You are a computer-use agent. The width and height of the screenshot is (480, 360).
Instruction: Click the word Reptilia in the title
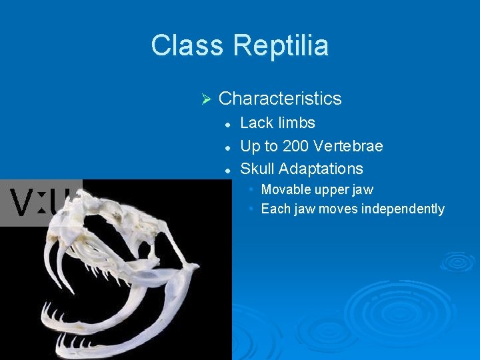[x=281, y=46]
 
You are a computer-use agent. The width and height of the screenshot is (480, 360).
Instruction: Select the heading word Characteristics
[x=280, y=99]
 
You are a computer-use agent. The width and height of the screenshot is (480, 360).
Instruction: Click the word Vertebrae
[x=349, y=145]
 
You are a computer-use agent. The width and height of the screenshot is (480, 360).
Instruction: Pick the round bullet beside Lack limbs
[x=227, y=124]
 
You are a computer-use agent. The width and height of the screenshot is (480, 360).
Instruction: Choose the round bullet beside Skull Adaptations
[x=227, y=169]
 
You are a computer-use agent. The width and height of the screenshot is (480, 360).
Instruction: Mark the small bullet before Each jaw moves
[x=251, y=209]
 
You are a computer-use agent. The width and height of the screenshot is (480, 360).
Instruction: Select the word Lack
[x=257, y=123]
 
